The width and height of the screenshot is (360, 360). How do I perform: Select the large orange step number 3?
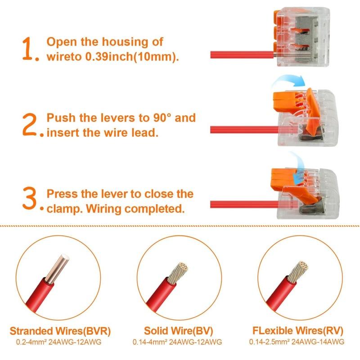(30, 198)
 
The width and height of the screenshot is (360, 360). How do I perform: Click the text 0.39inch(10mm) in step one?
(132, 57)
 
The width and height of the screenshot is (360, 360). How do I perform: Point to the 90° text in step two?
(162, 117)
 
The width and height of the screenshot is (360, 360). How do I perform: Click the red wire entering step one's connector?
(242, 55)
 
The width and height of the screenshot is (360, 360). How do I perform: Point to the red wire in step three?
(244, 204)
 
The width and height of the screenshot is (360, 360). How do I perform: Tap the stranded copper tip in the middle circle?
(178, 273)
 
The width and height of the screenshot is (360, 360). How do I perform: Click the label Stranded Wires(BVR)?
(60, 331)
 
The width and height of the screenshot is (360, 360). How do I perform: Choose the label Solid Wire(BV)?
(178, 331)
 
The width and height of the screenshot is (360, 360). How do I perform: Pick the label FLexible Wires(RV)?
(298, 331)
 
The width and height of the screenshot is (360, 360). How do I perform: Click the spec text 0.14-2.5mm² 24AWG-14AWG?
(297, 342)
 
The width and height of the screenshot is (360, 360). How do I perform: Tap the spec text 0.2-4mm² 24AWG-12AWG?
(58, 342)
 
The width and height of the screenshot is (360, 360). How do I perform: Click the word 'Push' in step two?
(61, 118)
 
